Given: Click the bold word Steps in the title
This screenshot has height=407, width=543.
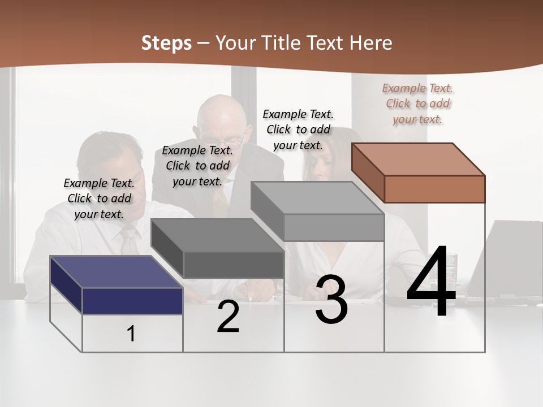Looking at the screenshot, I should (x=166, y=42).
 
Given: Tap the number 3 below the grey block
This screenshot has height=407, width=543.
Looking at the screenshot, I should (x=331, y=300).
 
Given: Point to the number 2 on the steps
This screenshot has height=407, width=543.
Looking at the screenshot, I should (x=228, y=317).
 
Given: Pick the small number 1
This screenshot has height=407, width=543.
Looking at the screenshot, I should (x=131, y=334).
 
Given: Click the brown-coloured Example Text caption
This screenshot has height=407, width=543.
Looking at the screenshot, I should (x=418, y=103).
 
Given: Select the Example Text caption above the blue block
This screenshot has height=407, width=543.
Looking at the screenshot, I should (x=99, y=198).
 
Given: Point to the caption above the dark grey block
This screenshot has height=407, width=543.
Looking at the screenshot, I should (x=197, y=166).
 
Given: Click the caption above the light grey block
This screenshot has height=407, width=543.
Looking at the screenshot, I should (x=298, y=129).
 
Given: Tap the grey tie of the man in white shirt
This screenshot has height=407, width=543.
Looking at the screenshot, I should (x=129, y=240).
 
